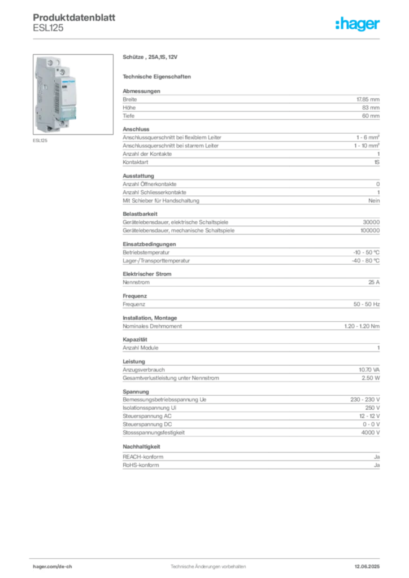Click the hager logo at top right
click(x=358, y=24)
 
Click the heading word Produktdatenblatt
click(x=74, y=17)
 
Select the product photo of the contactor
click(x=73, y=94)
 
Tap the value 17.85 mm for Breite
click(x=368, y=99)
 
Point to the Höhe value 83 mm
click(x=371, y=108)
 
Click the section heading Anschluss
click(x=136, y=129)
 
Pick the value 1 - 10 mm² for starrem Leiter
click(x=367, y=146)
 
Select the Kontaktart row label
click(x=136, y=162)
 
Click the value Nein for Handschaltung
click(x=374, y=200)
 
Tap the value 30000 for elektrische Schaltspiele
click(x=371, y=222)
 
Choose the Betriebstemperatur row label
click(x=146, y=252)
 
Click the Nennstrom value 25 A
click(x=374, y=282)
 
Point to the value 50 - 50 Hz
click(x=367, y=304)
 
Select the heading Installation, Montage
click(x=150, y=318)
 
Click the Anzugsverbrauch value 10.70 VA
click(x=369, y=370)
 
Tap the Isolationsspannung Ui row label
click(x=149, y=408)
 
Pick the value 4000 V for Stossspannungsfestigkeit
click(x=370, y=433)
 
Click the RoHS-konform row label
click(x=141, y=465)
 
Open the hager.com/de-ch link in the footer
click(x=53, y=567)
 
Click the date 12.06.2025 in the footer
click(x=367, y=567)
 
